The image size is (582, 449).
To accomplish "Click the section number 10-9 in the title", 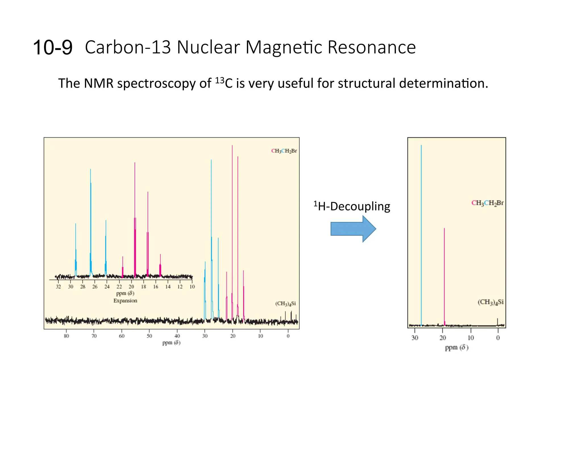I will (x=53, y=47).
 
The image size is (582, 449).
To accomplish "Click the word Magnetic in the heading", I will (x=284, y=47).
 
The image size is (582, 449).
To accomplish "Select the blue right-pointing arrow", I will (x=353, y=229).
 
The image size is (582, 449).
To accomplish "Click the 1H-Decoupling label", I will (x=352, y=206).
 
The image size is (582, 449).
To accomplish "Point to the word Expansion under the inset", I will (x=125, y=301).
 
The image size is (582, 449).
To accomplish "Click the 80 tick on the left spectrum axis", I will (x=66, y=336).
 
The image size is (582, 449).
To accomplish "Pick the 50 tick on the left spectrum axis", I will (x=149, y=336).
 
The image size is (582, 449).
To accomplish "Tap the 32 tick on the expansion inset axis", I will (x=58, y=287).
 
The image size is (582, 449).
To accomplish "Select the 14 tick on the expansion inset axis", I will (x=168, y=287).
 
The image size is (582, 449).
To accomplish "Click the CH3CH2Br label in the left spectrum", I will (x=284, y=151).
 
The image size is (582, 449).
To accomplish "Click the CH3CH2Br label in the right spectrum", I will (x=487, y=203).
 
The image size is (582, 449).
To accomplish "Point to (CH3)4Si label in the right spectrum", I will (x=490, y=302).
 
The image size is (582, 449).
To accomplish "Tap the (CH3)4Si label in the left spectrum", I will (x=285, y=304).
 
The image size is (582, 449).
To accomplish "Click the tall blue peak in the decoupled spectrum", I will (x=421, y=227).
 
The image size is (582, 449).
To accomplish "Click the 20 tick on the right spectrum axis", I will (x=442, y=338).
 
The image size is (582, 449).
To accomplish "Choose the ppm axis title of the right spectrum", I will (x=456, y=347).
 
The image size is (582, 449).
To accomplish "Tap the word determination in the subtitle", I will (x=443, y=83).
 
